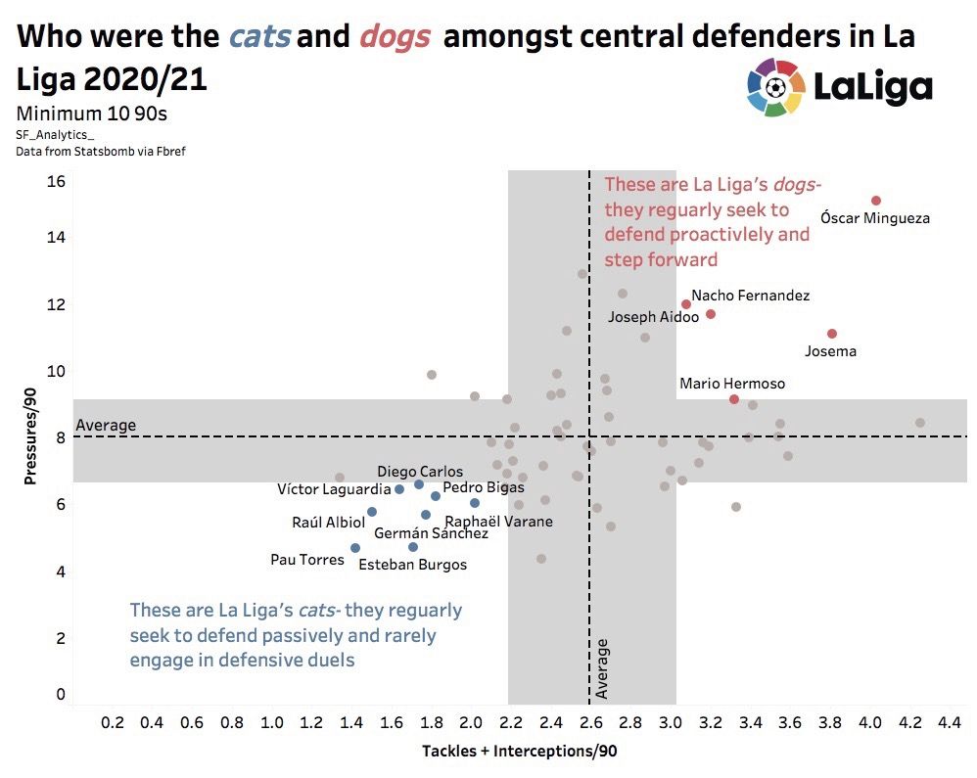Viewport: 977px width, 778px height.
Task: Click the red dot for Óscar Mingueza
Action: click(876, 201)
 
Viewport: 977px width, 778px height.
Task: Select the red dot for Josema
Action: click(832, 334)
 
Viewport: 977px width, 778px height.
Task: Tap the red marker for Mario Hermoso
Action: click(734, 399)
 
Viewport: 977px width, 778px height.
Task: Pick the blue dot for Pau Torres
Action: click(355, 548)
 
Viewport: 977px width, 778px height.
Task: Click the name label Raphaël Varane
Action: click(499, 522)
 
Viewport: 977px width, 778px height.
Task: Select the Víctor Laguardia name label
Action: click(334, 489)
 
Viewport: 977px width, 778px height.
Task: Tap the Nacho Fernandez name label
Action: click(750, 295)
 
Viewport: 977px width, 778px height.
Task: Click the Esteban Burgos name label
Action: click(412, 565)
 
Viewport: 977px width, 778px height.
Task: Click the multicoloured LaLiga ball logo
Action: click(775, 87)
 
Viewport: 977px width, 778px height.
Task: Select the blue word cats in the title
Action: click(259, 37)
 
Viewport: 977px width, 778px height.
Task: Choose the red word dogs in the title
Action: click(395, 37)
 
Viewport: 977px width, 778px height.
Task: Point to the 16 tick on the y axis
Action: click(55, 181)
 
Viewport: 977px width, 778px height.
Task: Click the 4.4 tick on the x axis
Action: click(949, 723)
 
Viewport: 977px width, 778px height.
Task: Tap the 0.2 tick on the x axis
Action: click(112, 723)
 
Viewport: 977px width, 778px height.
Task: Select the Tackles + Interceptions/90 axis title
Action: click(519, 752)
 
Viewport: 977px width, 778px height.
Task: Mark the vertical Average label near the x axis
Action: click(602, 668)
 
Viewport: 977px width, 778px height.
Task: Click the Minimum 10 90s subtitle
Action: click(92, 114)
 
